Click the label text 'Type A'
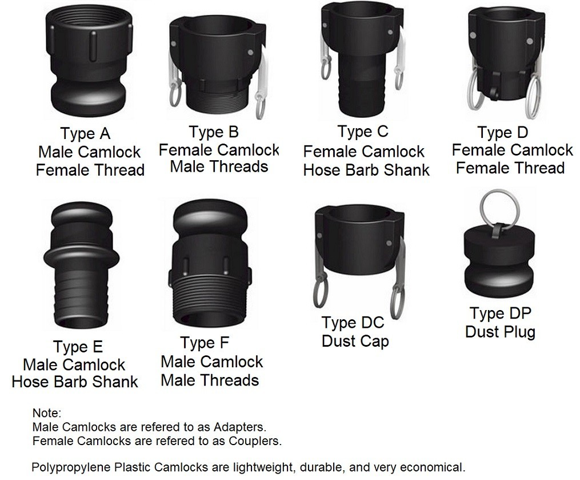[86, 134]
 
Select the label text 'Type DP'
[501, 314]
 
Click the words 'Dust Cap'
[355, 342]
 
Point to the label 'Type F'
[205, 343]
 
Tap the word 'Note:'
[46, 413]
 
